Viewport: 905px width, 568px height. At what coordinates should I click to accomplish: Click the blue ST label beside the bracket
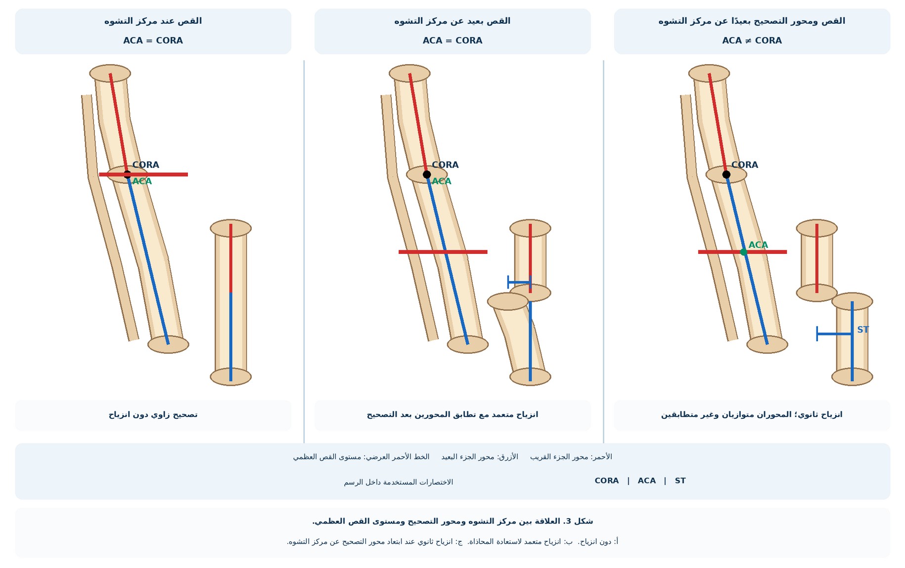pyautogui.click(x=863, y=330)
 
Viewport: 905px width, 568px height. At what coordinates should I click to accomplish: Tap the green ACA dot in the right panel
pyautogui.click(x=744, y=252)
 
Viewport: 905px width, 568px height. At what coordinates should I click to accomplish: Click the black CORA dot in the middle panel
pyautogui.click(x=427, y=174)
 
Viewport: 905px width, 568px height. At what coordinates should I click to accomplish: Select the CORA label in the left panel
pyautogui.click(x=146, y=165)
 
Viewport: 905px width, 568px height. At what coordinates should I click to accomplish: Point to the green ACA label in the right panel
pyautogui.click(x=758, y=245)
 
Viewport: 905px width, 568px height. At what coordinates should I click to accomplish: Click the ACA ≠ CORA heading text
pyautogui.click(x=752, y=41)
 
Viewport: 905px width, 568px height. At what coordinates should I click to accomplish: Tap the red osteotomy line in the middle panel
pyautogui.click(x=443, y=252)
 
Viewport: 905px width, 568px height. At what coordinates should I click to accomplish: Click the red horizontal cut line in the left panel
pyautogui.click(x=143, y=174)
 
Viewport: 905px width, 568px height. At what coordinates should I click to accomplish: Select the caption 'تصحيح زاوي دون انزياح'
pyautogui.click(x=153, y=415)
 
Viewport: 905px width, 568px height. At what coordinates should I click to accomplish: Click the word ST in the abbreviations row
pyautogui.click(x=680, y=481)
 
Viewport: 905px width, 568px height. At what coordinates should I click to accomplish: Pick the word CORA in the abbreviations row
pyautogui.click(x=607, y=481)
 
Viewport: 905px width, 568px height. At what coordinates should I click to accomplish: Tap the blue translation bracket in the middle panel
pyautogui.click(x=519, y=282)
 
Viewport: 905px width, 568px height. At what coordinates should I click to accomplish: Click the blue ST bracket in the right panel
pyautogui.click(x=834, y=334)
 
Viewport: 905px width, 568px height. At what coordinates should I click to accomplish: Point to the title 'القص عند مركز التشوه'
pyautogui.click(x=153, y=21)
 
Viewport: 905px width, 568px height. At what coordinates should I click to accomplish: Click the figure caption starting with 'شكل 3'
pyautogui.click(x=452, y=521)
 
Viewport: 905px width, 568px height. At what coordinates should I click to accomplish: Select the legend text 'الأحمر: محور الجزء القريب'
pyautogui.click(x=571, y=457)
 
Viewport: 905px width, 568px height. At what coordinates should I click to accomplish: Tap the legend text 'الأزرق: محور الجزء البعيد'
pyautogui.click(x=480, y=457)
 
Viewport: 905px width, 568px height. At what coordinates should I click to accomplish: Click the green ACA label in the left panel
pyautogui.click(x=142, y=181)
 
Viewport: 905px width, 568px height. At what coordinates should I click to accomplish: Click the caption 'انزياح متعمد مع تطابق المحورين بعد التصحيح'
pyautogui.click(x=452, y=415)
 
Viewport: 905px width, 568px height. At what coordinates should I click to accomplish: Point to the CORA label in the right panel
pyautogui.click(x=745, y=165)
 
